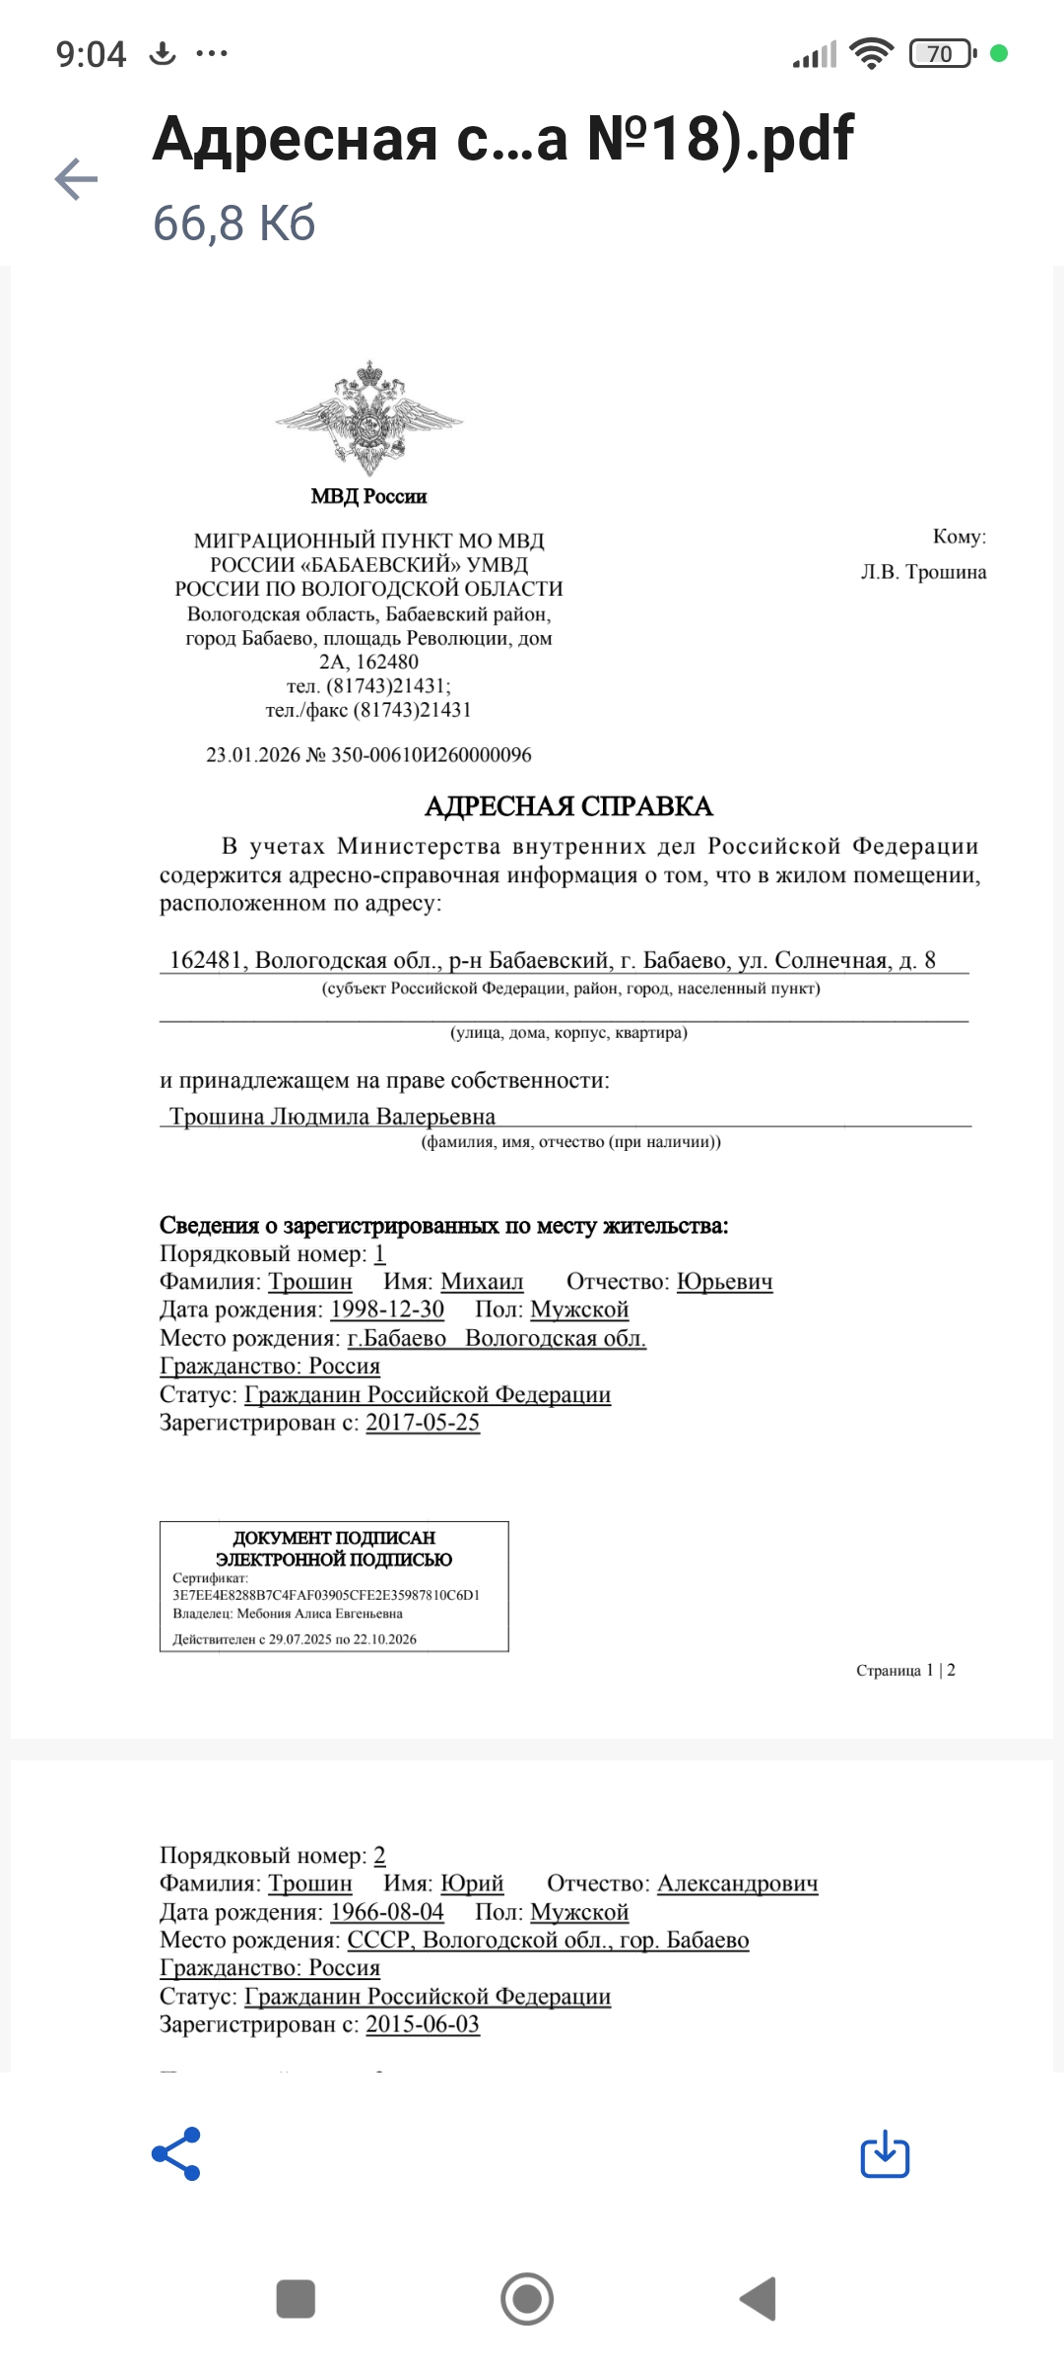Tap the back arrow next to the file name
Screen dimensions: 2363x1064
tap(76, 179)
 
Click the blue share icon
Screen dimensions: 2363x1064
tap(176, 2153)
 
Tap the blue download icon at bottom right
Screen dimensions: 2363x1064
tap(885, 2153)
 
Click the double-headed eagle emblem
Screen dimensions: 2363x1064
tap(369, 417)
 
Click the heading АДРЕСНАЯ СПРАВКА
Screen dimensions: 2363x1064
tap(568, 806)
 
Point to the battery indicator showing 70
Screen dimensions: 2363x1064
tap(942, 53)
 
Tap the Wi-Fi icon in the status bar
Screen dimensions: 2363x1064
tap(871, 53)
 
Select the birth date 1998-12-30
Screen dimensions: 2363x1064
tap(387, 1309)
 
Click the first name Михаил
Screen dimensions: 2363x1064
tap(482, 1282)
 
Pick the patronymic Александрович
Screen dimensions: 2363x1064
tap(737, 1884)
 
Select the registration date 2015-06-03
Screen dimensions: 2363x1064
tap(423, 2024)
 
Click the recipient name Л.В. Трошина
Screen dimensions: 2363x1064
tap(923, 572)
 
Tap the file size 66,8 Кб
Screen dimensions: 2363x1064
tap(234, 224)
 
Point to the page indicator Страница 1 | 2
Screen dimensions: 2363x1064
tap(905, 1670)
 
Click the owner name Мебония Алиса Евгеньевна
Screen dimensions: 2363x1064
tap(319, 1614)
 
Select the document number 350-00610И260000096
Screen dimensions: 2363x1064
tap(431, 755)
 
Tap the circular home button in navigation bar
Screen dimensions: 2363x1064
tap(527, 2299)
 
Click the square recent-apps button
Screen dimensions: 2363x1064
tap(296, 2299)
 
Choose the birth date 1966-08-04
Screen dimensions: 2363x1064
tap(387, 1912)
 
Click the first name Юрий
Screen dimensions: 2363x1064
tap(472, 1884)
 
